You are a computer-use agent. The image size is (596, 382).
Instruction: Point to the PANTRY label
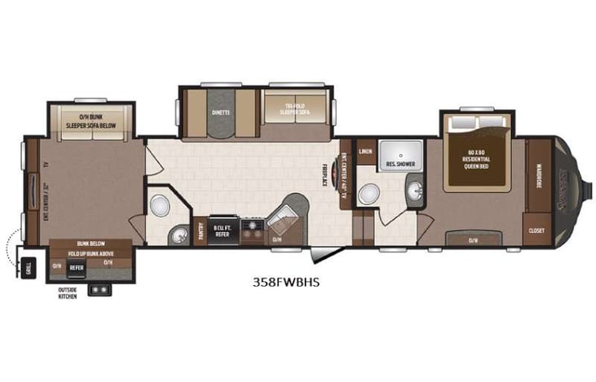pyautogui.click(x=200, y=231)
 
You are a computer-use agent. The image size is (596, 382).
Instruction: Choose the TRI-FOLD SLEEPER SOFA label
pyautogui.click(x=298, y=112)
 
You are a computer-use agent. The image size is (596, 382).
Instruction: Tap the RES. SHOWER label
pyautogui.click(x=400, y=164)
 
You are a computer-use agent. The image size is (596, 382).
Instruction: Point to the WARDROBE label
pyautogui.click(x=539, y=177)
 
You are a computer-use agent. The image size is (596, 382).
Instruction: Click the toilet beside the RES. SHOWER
pyautogui.click(x=371, y=194)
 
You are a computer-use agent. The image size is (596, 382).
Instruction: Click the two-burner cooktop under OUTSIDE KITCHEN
pyautogui.click(x=102, y=288)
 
